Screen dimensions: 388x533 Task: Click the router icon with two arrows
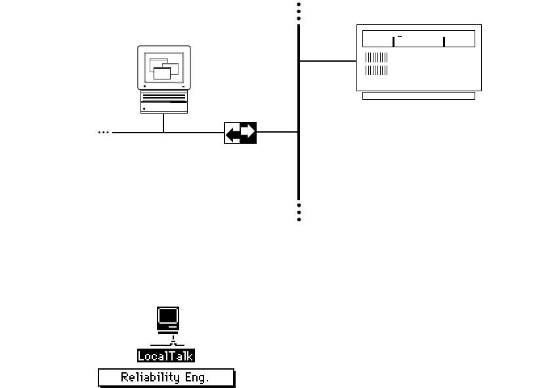[240, 133]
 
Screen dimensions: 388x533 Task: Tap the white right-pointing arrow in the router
[247, 132]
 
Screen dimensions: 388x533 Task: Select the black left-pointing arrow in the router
[232, 135]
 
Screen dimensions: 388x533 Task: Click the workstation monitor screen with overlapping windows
[164, 67]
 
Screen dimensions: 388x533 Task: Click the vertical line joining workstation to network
[163, 123]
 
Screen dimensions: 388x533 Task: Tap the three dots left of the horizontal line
[103, 133]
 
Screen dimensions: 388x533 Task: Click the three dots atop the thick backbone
[299, 11]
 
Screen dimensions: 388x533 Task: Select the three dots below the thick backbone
[299, 213]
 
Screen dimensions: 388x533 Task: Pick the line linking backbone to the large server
[327, 61]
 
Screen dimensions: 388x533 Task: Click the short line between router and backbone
[277, 132]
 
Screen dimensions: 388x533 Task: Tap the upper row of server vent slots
[376, 58]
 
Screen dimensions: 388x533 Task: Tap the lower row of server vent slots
[376, 70]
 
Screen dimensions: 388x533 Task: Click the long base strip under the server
[418, 96]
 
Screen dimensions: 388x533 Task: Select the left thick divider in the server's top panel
[393, 42]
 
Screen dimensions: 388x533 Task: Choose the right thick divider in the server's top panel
[444, 42]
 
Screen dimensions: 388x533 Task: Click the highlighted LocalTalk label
[166, 356]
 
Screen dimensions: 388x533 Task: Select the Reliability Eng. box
[166, 377]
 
